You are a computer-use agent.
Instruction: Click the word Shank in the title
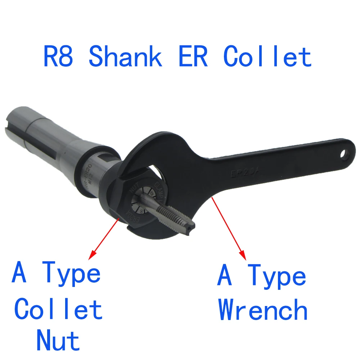pyautogui.click(x=125, y=57)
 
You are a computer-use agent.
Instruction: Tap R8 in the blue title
pyautogui.click(x=59, y=57)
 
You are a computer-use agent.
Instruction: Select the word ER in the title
pyautogui.click(x=193, y=57)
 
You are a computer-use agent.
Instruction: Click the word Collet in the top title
pyautogui.click(x=267, y=57)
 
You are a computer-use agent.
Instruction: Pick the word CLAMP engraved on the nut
pyautogui.click(x=159, y=190)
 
